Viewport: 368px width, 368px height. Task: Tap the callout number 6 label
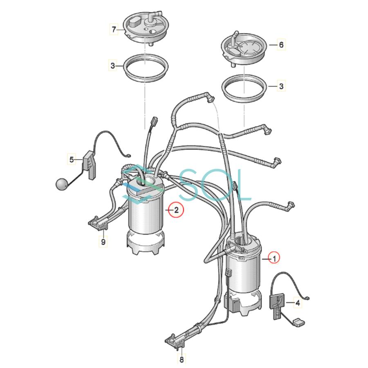click(281, 44)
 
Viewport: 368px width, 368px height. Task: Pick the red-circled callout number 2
click(176, 210)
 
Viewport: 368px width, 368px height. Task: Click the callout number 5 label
click(72, 159)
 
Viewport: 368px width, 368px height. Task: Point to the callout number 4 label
click(298, 303)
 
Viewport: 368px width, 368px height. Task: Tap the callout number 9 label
click(103, 242)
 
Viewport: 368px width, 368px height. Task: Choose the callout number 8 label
click(182, 359)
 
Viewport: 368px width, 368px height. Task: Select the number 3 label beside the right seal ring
click(281, 86)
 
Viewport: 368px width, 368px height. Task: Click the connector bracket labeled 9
click(97, 222)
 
